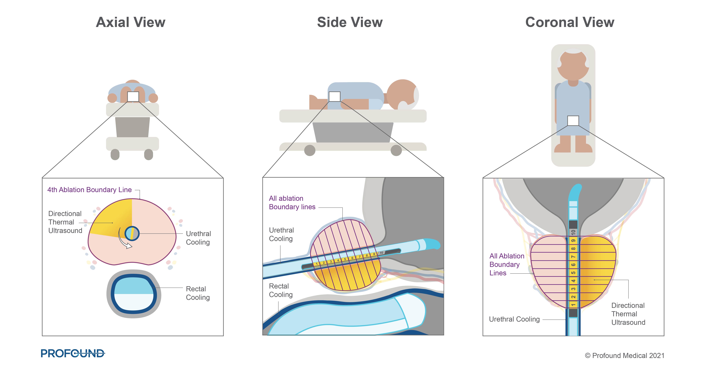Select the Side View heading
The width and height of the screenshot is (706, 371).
(350, 22)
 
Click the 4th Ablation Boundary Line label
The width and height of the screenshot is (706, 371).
(89, 190)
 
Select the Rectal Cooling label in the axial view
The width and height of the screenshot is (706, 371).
(198, 293)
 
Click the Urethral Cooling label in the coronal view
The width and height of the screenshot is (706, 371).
(514, 319)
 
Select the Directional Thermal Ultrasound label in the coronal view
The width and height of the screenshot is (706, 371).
(628, 314)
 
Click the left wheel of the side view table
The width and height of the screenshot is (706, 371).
(310, 150)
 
